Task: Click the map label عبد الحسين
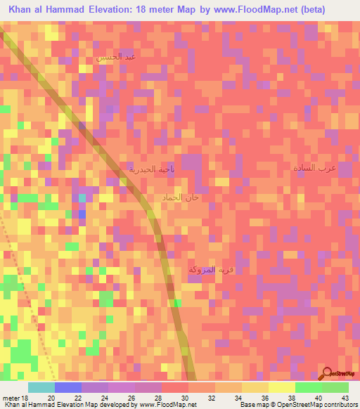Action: (116, 56)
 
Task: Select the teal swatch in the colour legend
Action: (41, 387)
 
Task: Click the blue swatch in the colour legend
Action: (67, 387)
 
